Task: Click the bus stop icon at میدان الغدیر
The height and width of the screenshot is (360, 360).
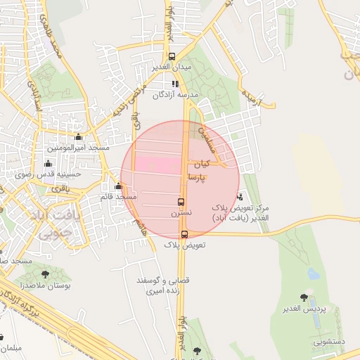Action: point(172,57)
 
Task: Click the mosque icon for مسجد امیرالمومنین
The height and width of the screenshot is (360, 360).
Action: point(77,137)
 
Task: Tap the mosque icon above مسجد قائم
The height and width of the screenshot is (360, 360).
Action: point(118,186)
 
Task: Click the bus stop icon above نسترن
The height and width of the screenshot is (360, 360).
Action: point(181,202)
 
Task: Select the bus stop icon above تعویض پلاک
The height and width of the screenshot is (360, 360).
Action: point(184,235)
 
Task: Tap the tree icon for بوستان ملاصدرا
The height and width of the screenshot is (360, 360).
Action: point(45,275)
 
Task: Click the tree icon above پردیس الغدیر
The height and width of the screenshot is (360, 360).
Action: point(304,298)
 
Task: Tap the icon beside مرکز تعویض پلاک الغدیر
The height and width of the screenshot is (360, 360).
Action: point(240,197)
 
